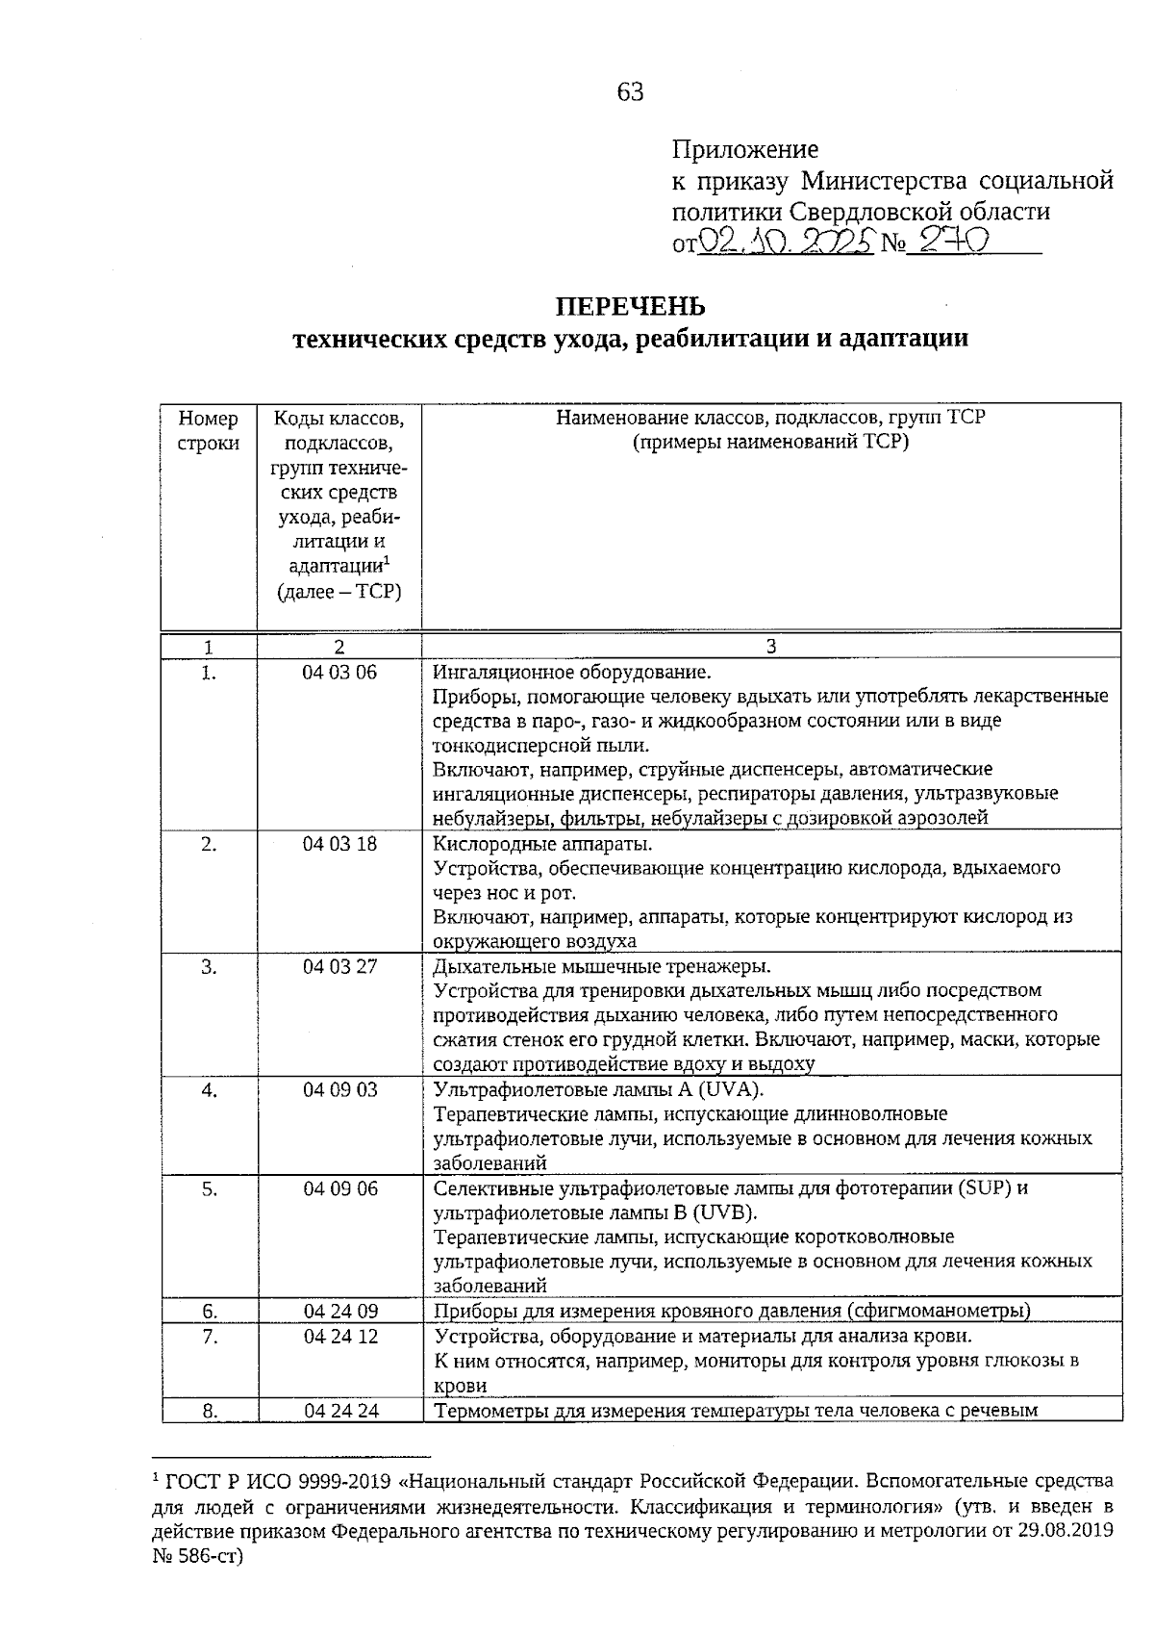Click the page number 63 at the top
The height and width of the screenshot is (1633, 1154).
(x=630, y=92)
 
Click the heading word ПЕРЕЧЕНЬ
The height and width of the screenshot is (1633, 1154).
(x=630, y=306)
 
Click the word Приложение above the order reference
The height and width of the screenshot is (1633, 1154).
(x=744, y=149)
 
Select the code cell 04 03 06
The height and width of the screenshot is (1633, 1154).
(x=339, y=672)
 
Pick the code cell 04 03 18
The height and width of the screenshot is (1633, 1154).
(x=339, y=844)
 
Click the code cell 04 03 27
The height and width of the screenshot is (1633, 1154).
(x=339, y=967)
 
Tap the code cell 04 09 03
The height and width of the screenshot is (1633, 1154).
(x=339, y=1090)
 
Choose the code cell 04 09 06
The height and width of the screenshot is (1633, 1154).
(x=339, y=1188)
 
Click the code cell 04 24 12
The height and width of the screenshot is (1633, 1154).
(x=339, y=1337)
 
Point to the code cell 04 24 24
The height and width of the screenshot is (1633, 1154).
(x=339, y=1411)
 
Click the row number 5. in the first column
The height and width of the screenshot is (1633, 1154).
(x=209, y=1188)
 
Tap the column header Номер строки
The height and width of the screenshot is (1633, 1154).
(x=209, y=431)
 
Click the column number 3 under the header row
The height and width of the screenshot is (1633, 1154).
(x=770, y=647)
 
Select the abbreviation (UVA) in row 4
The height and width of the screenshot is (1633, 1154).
(x=729, y=1090)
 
